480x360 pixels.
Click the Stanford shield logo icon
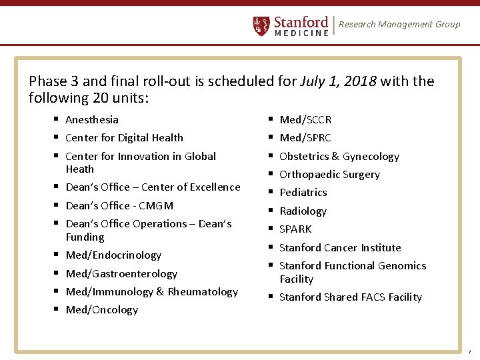pyautogui.click(x=261, y=25)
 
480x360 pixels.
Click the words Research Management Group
pyautogui.click(x=399, y=25)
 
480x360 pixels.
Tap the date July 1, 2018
pyautogui.click(x=338, y=82)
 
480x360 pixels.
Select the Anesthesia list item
pyautogui.click(x=92, y=120)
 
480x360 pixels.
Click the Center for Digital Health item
pyautogui.click(x=124, y=138)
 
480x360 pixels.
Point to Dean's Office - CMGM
pyautogui.click(x=119, y=206)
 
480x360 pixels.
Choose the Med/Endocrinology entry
pyautogui.click(x=113, y=255)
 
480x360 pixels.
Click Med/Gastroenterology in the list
pyautogui.click(x=121, y=274)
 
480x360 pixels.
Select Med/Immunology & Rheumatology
pyautogui.click(x=151, y=292)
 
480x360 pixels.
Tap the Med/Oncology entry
pyautogui.click(x=102, y=310)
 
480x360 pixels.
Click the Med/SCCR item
pyautogui.click(x=305, y=120)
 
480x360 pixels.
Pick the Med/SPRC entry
pyautogui.click(x=305, y=138)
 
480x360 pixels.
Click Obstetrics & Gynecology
pyautogui.click(x=339, y=157)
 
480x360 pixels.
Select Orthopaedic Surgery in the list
pyautogui.click(x=329, y=175)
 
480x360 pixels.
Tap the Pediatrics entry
pyautogui.click(x=303, y=193)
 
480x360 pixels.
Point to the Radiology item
pyautogui.click(x=303, y=211)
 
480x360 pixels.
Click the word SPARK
pyautogui.click(x=295, y=229)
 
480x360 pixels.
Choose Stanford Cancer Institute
pyautogui.click(x=340, y=248)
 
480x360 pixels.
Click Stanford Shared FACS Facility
pyautogui.click(x=351, y=297)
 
